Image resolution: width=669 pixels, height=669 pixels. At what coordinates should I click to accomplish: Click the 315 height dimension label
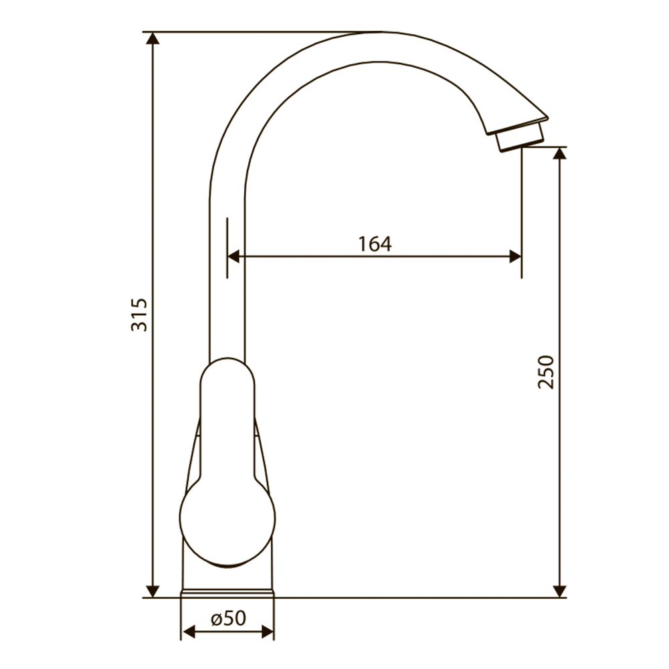[x=139, y=315]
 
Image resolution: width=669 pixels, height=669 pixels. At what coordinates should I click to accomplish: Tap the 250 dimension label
[x=546, y=372]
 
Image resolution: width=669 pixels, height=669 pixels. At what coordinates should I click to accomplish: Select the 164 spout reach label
[x=375, y=244]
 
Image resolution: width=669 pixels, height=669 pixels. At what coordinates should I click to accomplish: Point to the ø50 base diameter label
[x=229, y=618]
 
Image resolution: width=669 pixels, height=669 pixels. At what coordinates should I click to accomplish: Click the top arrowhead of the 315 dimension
[x=153, y=38]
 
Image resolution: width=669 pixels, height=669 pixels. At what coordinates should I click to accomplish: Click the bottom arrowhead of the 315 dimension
[x=153, y=591]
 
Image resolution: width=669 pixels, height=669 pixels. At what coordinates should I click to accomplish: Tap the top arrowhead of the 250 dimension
[x=559, y=153]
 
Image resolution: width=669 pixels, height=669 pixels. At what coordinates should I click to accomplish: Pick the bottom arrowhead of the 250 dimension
[x=559, y=591]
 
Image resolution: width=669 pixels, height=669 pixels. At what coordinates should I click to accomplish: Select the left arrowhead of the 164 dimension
[x=233, y=257]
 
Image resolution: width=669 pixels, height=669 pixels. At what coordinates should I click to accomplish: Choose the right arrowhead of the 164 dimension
[x=515, y=257]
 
